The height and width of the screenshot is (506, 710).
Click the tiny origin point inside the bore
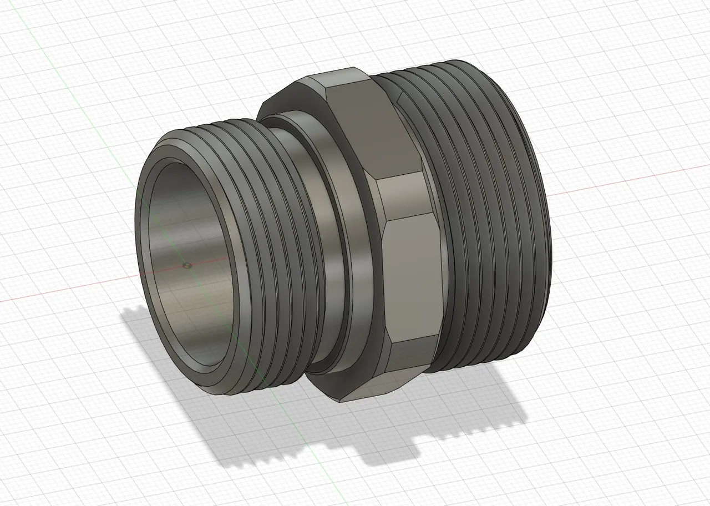coord(187,265)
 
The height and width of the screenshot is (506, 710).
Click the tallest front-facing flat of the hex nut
coord(413,277)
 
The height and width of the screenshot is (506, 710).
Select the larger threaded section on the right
coord(488,222)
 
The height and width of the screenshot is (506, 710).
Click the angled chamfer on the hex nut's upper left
coord(294,94)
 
